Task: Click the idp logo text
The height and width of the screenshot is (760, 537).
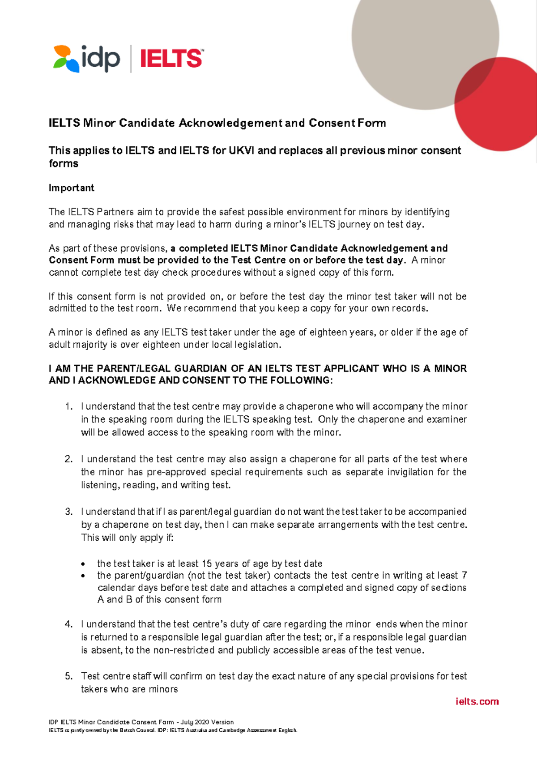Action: tap(100, 59)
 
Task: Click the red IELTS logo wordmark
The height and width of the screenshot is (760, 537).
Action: tap(171, 59)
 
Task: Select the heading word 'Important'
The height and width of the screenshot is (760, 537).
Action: tap(72, 188)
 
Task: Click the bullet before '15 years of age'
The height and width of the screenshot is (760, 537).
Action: tap(83, 564)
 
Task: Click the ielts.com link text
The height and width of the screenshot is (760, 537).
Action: tap(477, 701)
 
